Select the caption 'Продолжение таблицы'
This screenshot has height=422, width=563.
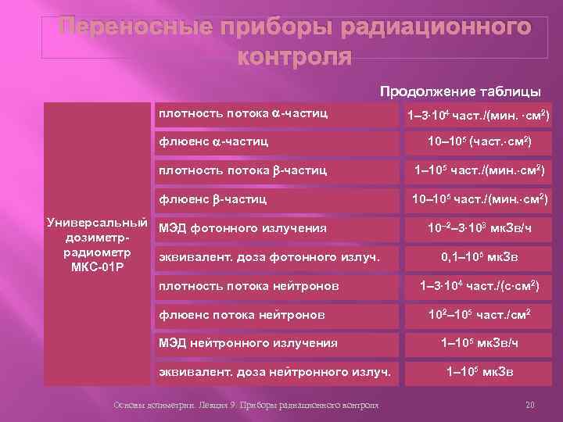tap(461, 91)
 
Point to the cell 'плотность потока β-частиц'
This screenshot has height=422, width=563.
tap(242, 170)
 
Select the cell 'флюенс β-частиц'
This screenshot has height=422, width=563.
tap(213, 198)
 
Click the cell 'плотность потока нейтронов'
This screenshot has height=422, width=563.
tap(249, 286)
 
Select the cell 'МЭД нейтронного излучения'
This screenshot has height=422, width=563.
tap(248, 342)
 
